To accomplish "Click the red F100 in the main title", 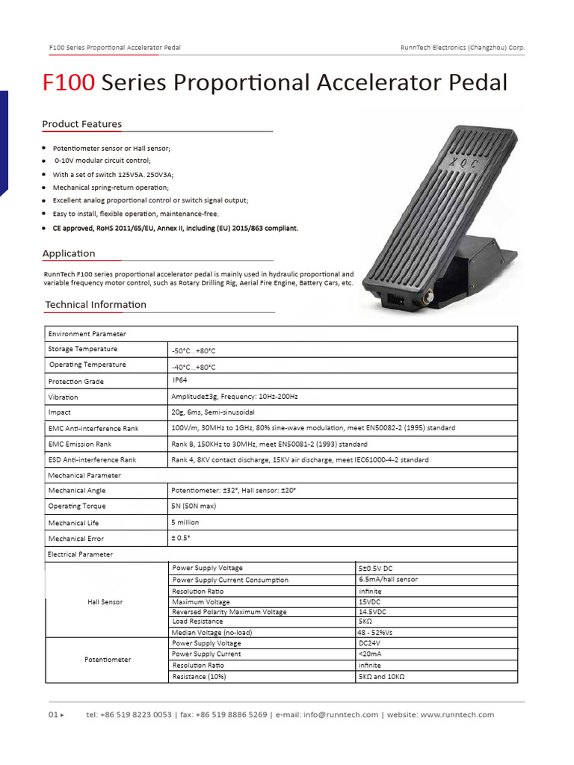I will tap(69, 83).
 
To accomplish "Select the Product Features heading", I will tap(81, 124).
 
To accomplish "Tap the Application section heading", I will tap(69, 253).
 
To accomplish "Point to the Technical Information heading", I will tap(96, 305).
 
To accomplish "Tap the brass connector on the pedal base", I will tap(430, 298).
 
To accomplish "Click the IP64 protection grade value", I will tap(179, 380).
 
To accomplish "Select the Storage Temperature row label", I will tap(82, 349).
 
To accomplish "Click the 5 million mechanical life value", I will tap(185, 522).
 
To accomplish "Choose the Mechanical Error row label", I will tap(75, 539).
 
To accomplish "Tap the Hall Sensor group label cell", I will tap(105, 601).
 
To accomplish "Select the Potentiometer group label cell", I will tap(108, 660).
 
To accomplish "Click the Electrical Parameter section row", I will tap(80, 554).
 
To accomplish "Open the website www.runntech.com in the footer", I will tap(457, 715).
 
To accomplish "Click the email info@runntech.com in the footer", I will tap(341, 715).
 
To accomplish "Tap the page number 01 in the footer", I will tap(53, 715).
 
